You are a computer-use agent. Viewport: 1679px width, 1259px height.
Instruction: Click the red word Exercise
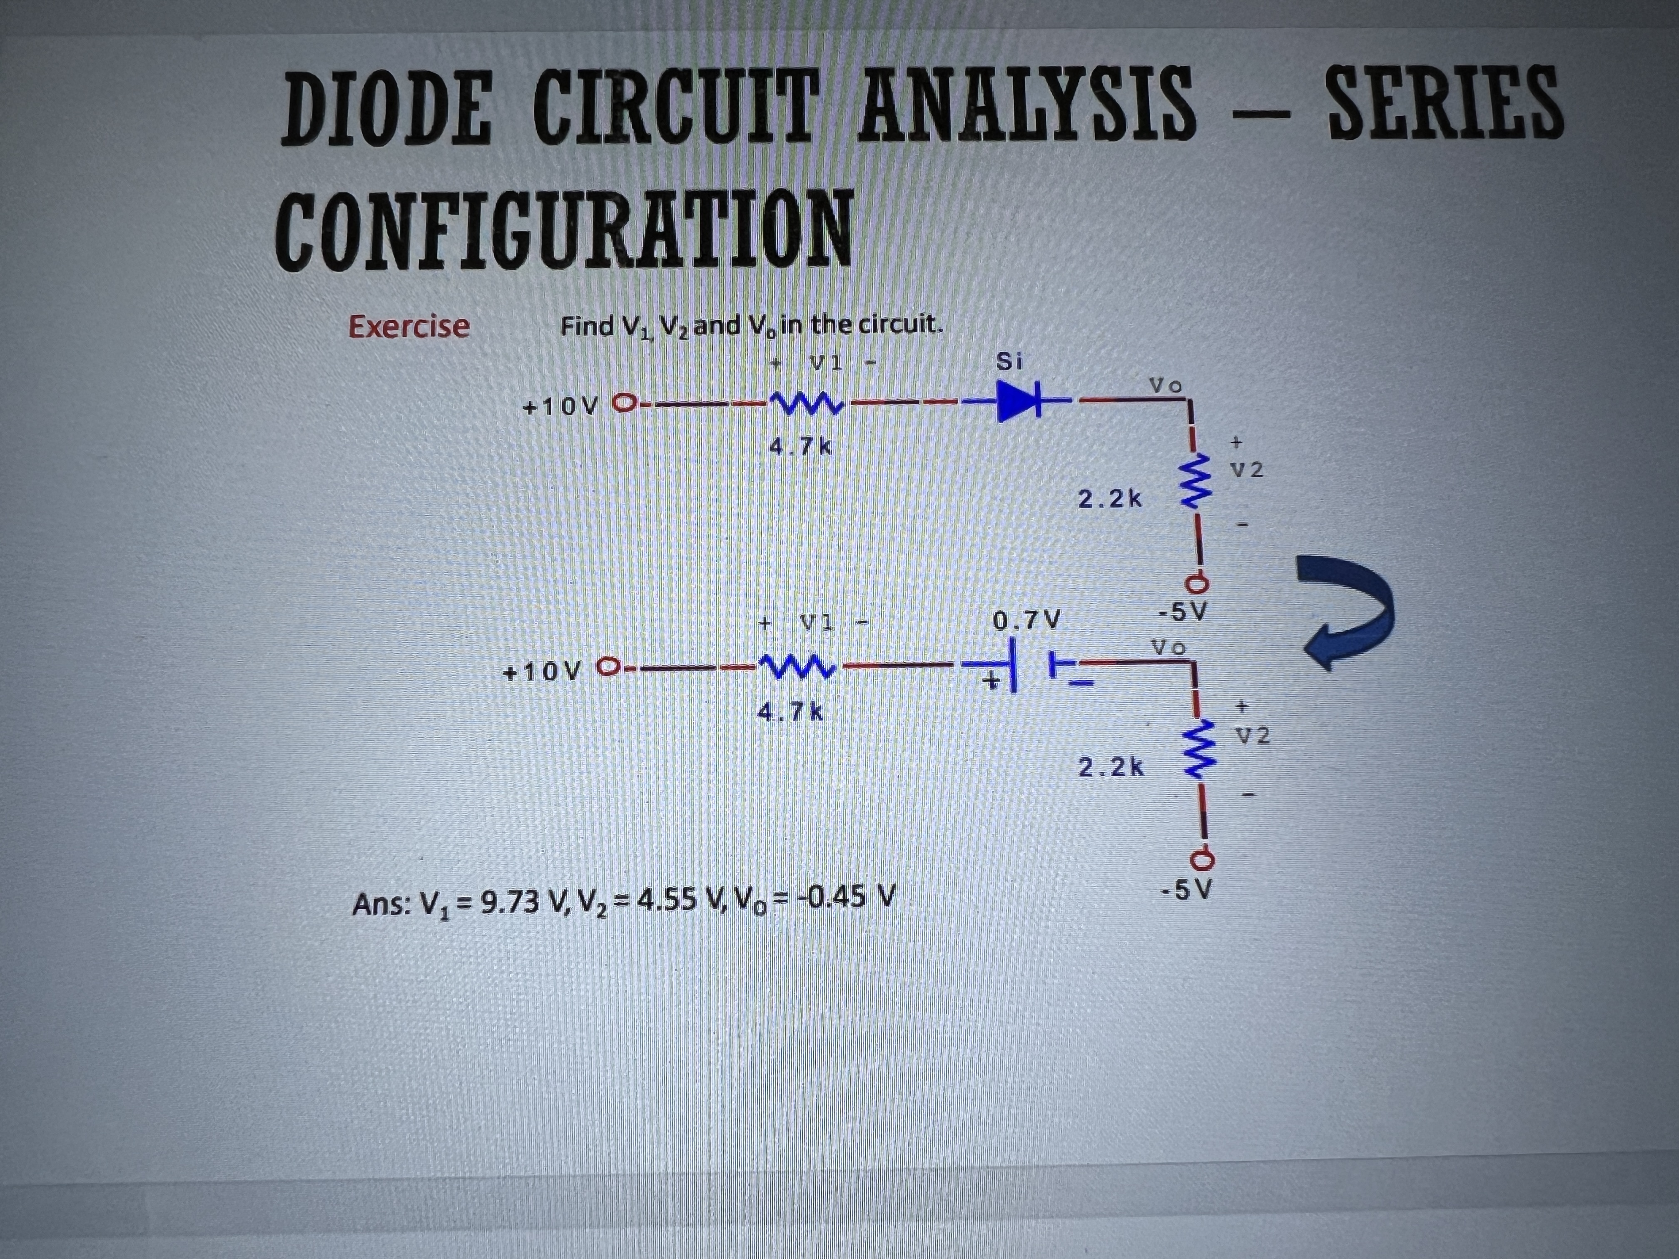pyautogui.click(x=409, y=326)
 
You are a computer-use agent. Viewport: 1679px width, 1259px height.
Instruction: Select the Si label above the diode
pyautogui.click(x=1008, y=362)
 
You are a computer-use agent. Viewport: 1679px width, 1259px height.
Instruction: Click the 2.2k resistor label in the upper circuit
pyautogui.click(x=1110, y=499)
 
